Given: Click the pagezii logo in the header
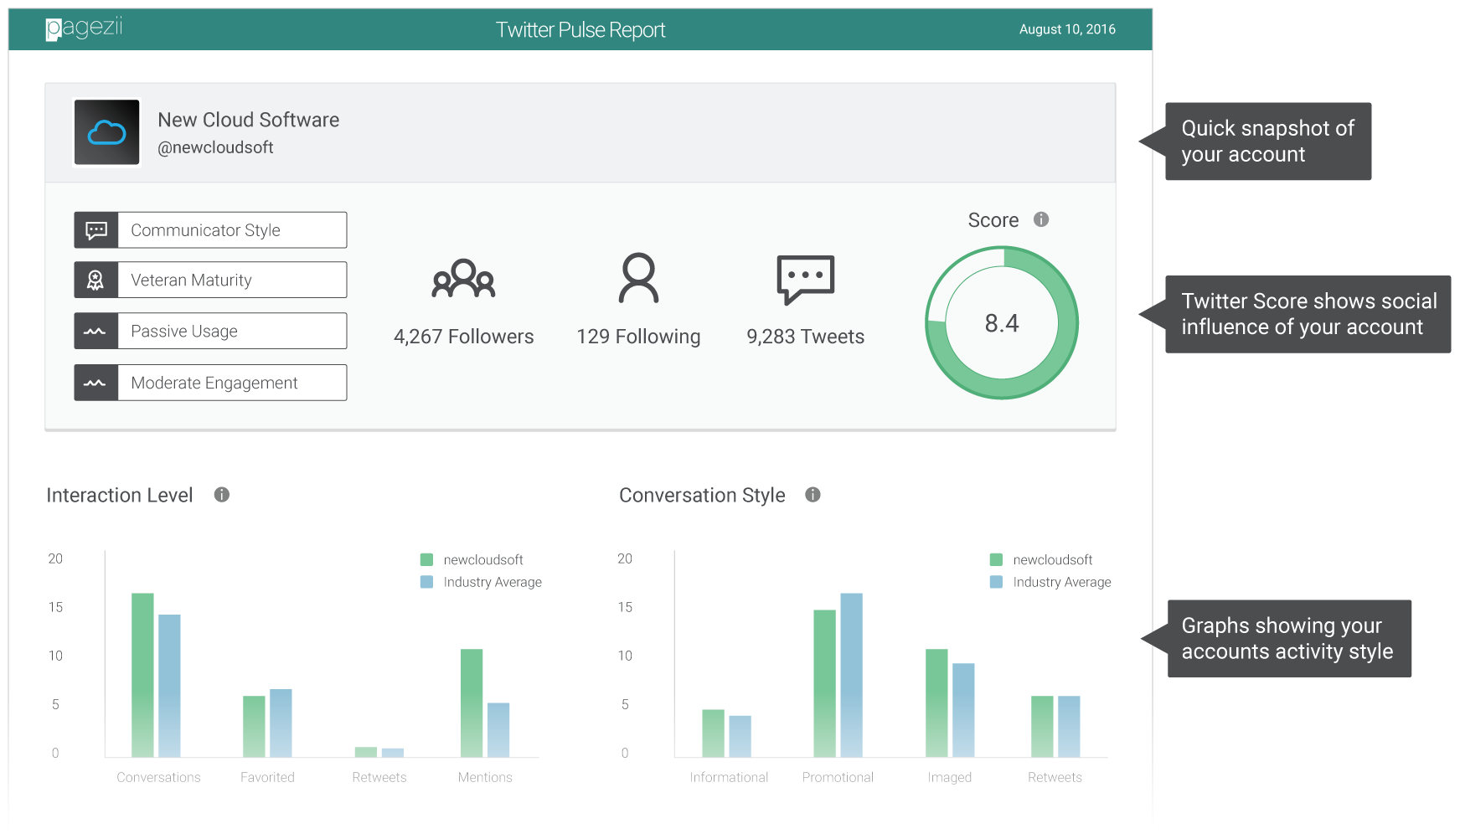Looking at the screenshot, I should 84,28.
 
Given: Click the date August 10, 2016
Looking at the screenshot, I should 1066,29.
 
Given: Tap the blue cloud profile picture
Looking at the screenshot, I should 107,132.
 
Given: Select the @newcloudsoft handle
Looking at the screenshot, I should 215,147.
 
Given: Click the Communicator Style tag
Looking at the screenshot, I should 210,230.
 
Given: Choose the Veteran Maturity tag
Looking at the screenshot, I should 210,280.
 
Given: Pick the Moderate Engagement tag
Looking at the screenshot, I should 210,383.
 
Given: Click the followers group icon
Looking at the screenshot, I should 463,279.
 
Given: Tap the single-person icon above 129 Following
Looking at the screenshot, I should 638,278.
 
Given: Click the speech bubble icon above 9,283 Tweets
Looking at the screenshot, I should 805,279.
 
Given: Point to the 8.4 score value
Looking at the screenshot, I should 1001,323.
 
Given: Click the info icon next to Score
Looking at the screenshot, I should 1041,219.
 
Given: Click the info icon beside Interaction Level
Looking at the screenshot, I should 221,495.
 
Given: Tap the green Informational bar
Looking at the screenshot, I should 713,733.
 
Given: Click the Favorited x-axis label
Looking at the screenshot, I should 267,777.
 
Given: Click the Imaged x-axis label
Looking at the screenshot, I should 949,777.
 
